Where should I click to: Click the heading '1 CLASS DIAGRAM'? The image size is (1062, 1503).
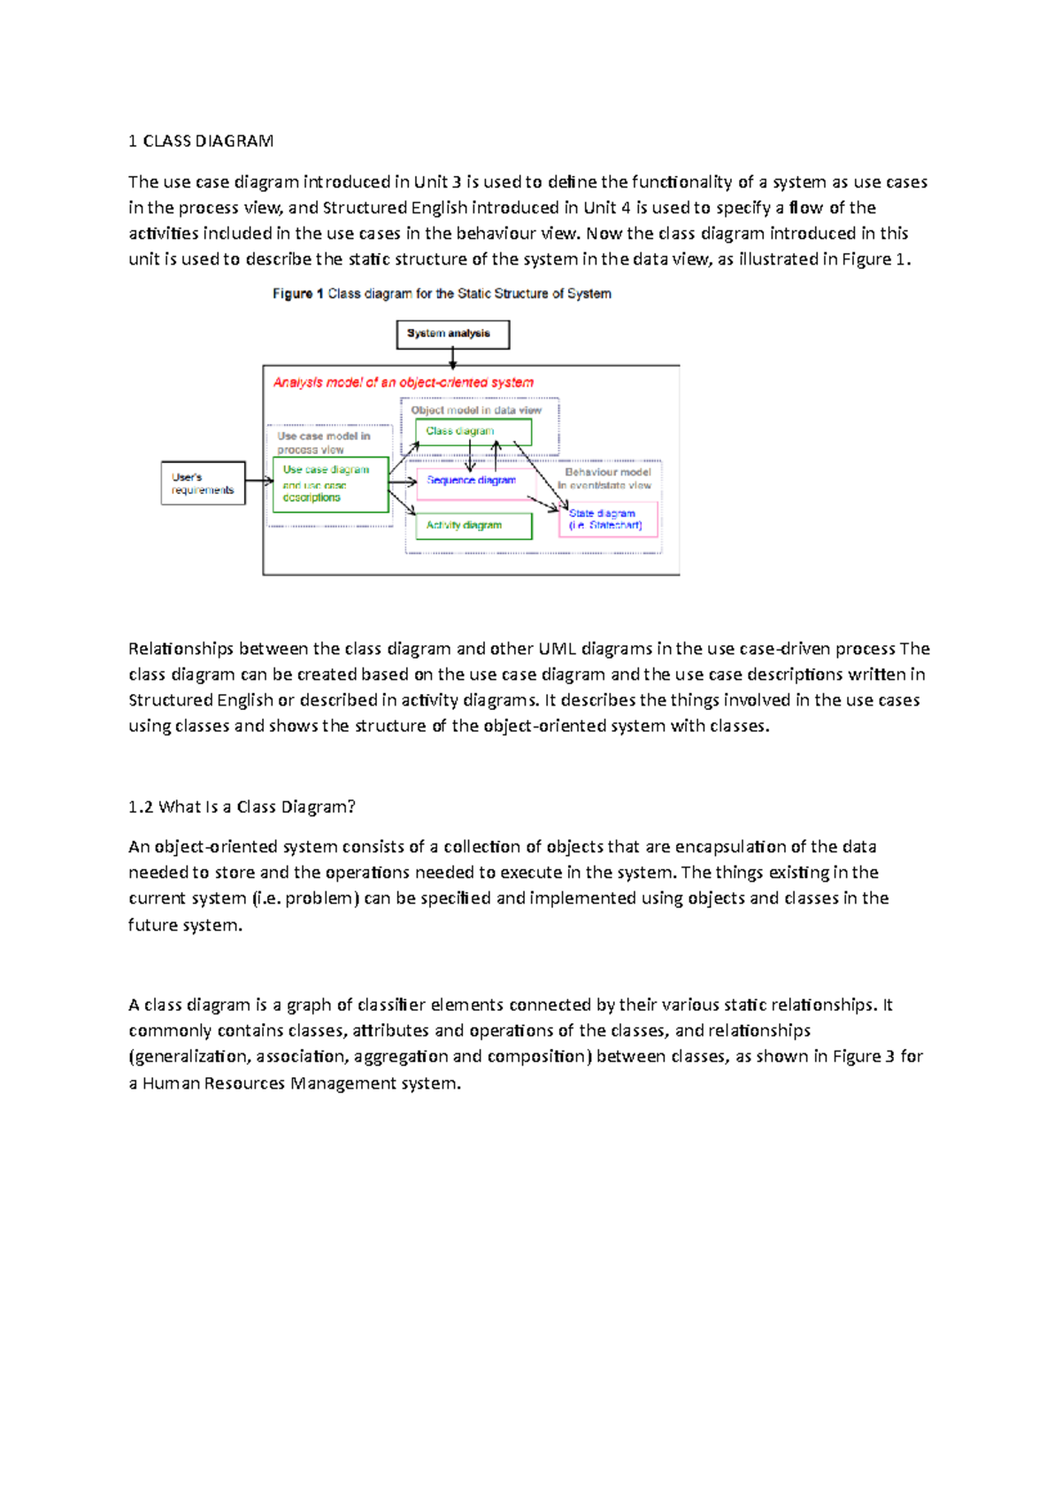click(x=201, y=141)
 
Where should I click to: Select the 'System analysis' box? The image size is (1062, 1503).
click(x=452, y=334)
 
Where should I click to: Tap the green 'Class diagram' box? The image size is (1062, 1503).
click(x=473, y=431)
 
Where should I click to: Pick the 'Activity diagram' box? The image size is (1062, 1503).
click(x=473, y=526)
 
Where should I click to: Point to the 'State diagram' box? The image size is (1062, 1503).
click(x=608, y=519)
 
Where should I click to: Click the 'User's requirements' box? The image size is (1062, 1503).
click(x=203, y=483)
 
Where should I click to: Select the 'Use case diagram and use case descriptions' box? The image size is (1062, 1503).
click(x=330, y=484)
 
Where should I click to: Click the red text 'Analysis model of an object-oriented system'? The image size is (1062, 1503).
click(x=403, y=382)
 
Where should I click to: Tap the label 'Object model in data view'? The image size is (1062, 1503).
click(x=476, y=411)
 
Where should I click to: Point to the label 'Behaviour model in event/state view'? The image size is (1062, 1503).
click(x=607, y=478)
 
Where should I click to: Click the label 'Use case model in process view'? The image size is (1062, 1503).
click(x=323, y=443)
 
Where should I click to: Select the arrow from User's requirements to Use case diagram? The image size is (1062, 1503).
click(x=258, y=481)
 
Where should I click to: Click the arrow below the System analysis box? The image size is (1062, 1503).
click(x=452, y=358)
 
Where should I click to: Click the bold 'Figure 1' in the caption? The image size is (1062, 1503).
click(x=292, y=294)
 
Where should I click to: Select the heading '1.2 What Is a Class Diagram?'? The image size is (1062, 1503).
click(x=242, y=806)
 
